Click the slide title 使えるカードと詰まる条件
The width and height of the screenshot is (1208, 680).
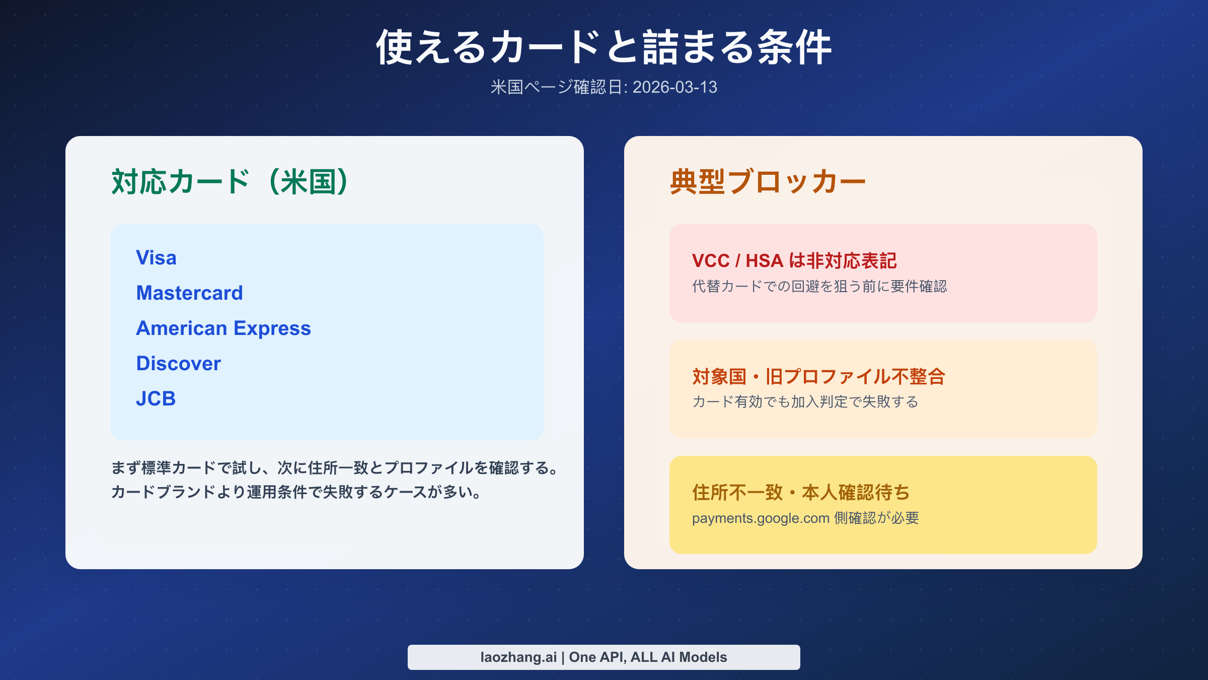(x=603, y=47)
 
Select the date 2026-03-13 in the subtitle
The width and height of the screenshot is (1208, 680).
(x=674, y=87)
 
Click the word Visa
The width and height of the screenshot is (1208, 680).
(x=156, y=258)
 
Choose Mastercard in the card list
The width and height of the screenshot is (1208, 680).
(x=189, y=293)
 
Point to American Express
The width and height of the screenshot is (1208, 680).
(x=223, y=328)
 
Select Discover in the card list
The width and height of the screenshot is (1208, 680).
(x=178, y=364)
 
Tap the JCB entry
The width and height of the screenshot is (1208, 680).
(x=156, y=399)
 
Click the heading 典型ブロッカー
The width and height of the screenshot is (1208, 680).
(x=768, y=182)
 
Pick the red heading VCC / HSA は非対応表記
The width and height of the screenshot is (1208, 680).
(x=794, y=261)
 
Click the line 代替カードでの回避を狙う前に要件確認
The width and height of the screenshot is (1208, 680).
(x=819, y=287)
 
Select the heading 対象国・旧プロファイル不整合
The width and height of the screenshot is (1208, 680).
(x=819, y=377)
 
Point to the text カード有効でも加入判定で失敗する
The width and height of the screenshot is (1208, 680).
(x=805, y=402)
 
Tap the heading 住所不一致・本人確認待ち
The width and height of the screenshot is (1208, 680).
(x=801, y=493)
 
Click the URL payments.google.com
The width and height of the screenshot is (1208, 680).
(x=761, y=518)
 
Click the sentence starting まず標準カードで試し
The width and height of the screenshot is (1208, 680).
(x=335, y=468)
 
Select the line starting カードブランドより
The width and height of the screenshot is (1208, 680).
(x=297, y=492)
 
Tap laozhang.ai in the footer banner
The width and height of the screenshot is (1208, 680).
(x=518, y=657)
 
